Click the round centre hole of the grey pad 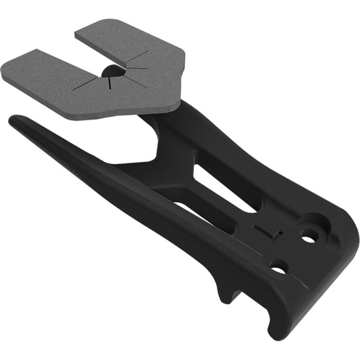[x=110, y=72]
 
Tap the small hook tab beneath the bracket [x=224, y=294]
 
